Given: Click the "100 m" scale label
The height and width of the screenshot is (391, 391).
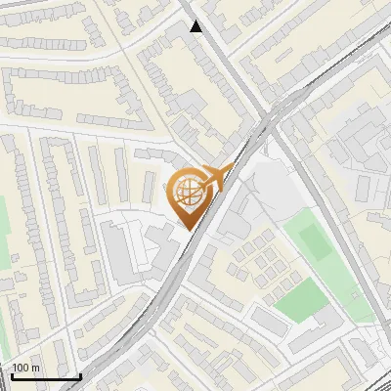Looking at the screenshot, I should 25,368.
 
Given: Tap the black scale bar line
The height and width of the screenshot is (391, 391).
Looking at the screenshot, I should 46,376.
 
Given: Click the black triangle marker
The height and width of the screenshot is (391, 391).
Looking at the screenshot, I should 196,26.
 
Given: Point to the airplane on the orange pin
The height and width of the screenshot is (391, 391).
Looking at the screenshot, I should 217,178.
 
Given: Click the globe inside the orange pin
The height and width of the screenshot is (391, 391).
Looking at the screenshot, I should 188,193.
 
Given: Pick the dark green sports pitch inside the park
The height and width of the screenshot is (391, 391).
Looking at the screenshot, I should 313,242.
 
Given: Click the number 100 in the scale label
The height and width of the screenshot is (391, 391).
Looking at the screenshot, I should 21,368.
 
